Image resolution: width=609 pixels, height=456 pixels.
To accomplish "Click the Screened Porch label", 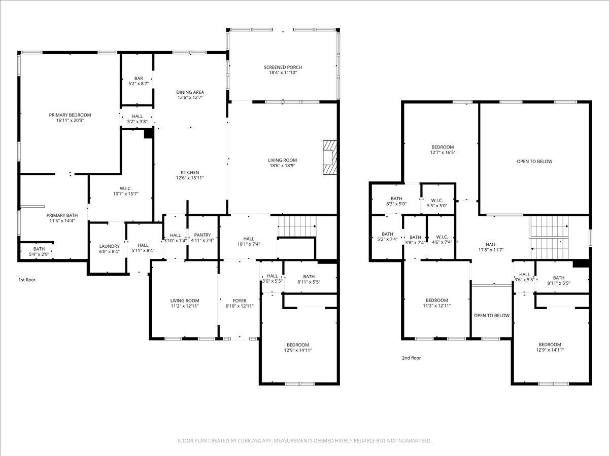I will [283, 67].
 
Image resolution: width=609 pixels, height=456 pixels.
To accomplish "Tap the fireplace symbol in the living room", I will [330, 158].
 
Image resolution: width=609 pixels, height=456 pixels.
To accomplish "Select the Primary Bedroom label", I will [70, 115].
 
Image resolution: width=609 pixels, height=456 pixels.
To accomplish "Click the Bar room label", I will [138, 79].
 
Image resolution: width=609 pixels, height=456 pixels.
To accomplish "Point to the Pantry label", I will [202, 235].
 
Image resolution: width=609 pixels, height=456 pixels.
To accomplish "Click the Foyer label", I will [240, 300].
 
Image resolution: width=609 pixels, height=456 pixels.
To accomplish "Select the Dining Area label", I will [190, 92].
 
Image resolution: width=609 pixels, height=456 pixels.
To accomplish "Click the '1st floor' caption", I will [27, 280].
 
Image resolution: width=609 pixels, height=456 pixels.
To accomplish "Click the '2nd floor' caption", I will [411, 358].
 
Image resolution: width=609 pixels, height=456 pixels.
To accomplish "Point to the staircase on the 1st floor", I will [297, 226].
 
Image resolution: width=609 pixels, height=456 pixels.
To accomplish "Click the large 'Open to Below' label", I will [534, 162].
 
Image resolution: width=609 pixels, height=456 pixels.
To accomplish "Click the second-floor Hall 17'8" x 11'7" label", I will [491, 245].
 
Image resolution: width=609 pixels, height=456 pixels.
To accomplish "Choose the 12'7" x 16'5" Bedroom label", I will [442, 147].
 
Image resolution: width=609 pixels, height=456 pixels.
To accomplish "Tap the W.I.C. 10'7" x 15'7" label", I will [122, 188].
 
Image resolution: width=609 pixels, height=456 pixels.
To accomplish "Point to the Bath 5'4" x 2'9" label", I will [39, 249].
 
